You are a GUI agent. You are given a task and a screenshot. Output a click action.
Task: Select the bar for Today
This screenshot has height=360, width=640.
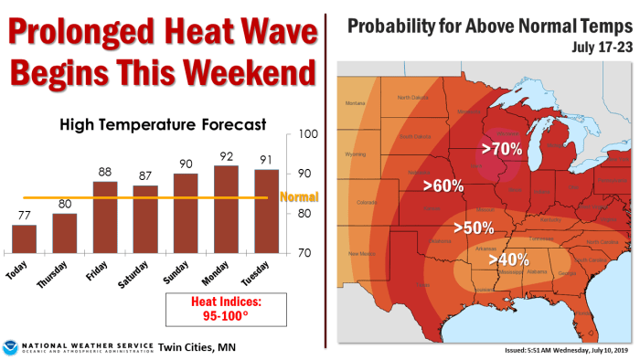click(25, 238)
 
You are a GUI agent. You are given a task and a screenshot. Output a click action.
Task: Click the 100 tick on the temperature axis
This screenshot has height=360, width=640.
click(307, 134)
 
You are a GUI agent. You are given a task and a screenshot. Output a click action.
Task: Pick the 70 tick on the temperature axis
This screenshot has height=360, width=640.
click(305, 252)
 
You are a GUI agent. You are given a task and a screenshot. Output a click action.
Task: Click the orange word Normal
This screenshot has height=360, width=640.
click(297, 196)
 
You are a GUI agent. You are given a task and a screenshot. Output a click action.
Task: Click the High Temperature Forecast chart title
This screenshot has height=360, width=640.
click(162, 122)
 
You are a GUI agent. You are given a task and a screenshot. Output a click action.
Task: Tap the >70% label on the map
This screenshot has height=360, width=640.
click(501, 146)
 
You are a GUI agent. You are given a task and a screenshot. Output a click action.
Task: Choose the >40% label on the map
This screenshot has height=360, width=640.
click(508, 259)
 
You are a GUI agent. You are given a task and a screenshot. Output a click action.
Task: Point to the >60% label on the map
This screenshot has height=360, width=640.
click(443, 185)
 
